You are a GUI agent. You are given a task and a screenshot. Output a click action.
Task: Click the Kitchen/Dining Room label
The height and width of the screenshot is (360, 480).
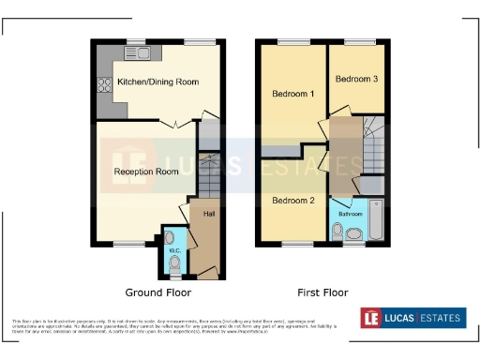(157, 82)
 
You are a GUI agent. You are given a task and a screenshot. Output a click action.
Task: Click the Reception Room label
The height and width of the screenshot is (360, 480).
(146, 172)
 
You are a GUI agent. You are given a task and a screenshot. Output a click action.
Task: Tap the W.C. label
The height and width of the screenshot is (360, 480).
(172, 250)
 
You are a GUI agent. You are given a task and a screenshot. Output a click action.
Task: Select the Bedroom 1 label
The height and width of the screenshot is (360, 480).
(292, 94)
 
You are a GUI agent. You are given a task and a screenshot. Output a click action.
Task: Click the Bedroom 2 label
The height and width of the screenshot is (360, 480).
(293, 201)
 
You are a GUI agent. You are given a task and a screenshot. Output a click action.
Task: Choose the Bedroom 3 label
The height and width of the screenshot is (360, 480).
(356, 79)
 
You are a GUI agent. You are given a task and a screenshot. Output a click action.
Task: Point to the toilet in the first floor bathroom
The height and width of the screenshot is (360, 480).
(338, 230)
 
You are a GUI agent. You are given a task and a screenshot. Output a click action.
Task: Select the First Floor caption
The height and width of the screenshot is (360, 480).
(322, 292)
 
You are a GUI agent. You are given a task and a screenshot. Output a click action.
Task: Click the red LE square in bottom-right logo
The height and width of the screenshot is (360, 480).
(373, 319)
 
